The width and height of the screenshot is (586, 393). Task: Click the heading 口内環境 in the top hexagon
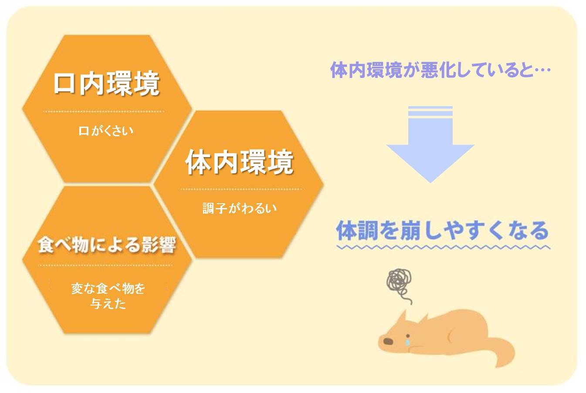[106, 84]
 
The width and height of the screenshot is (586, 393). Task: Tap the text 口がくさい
[106, 131]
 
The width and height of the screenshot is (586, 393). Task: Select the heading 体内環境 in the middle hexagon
[239, 162]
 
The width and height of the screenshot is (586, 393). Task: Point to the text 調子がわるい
[240, 208]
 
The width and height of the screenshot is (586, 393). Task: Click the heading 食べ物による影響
[107, 245]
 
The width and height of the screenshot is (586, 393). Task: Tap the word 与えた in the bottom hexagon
[108, 304]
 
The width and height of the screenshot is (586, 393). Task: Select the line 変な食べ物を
[108, 289]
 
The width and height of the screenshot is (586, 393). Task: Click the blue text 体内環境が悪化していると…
[440, 70]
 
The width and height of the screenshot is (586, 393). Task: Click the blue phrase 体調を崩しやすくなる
[442, 230]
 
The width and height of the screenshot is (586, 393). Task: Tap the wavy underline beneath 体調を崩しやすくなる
[444, 247]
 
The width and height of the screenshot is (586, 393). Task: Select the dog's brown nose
[388, 341]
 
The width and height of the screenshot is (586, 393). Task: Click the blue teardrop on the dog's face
[407, 342]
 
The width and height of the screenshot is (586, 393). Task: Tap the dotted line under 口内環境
[104, 111]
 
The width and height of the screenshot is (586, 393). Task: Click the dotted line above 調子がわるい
[241, 189]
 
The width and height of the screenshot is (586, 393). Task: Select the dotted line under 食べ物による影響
[105, 265]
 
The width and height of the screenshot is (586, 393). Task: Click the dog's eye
[408, 336]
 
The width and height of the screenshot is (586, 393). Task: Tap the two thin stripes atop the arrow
[430, 111]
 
